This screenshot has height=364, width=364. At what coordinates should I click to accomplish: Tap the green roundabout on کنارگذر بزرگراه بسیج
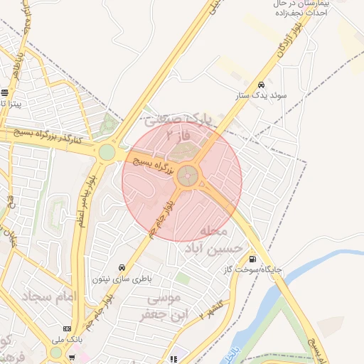click(x=107, y=152)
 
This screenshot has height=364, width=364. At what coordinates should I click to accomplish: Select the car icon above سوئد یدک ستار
click(x=262, y=83)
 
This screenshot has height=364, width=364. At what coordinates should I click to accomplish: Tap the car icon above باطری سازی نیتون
click(x=122, y=268)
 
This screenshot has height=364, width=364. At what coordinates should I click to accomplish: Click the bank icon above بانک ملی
click(x=67, y=329)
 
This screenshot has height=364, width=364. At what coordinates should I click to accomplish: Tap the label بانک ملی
click(x=67, y=340)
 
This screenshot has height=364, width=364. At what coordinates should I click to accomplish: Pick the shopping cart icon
click(x=72, y=356)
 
